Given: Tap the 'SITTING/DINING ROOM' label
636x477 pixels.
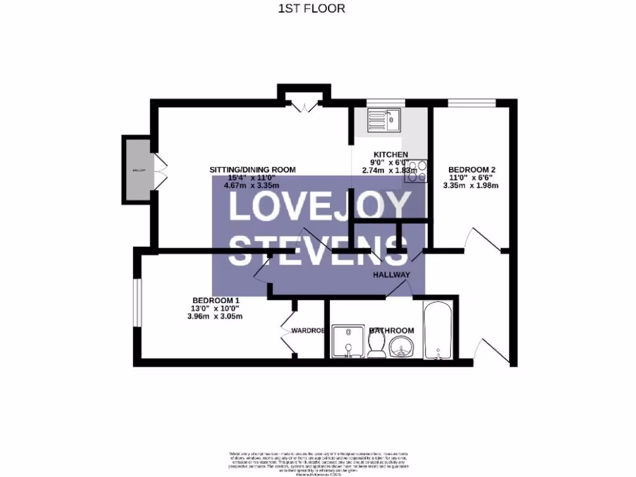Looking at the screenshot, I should (x=252, y=170).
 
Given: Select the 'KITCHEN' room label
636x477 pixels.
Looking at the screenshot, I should (x=390, y=155).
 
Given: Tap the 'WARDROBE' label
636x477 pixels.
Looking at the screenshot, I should (x=309, y=331).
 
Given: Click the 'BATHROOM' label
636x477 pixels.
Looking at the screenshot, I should (x=391, y=330).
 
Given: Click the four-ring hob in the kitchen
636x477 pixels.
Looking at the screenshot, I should (x=416, y=171).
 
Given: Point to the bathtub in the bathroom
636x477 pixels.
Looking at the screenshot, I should (x=440, y=330).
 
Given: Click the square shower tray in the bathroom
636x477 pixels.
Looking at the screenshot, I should (x=348, y=342).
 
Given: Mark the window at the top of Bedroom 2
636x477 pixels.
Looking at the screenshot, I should (x=471, y=102).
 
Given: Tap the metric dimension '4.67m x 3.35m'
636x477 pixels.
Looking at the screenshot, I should (x=242, y=185).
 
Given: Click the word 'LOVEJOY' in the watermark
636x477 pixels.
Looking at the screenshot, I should (x=320, y=207).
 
